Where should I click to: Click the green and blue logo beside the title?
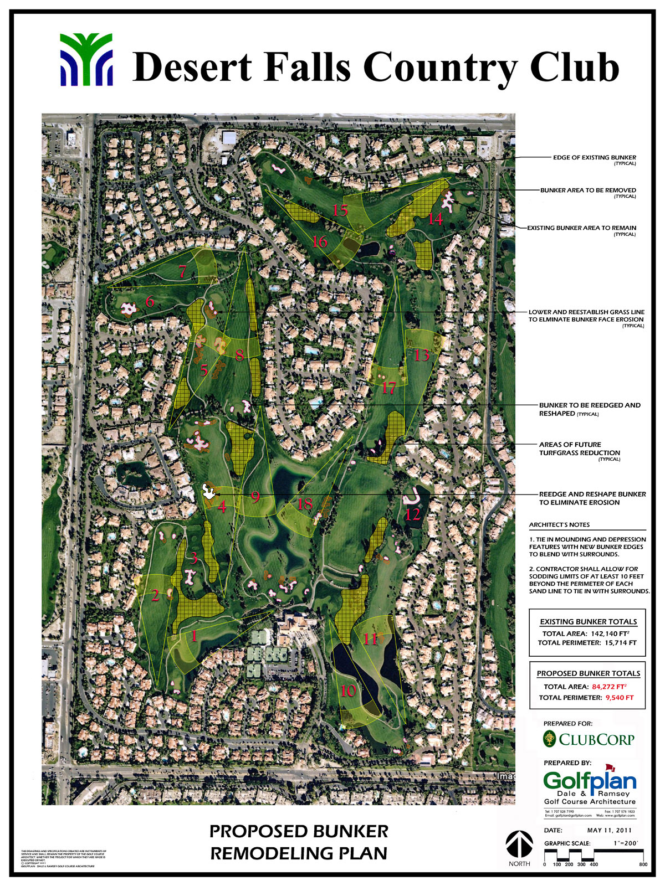(x=86, y=59)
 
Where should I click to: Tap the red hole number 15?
(x=340, y=210)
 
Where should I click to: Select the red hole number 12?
(x=413, y=514)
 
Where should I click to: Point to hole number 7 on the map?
(x=183, y=271)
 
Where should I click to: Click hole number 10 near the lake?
(x=348, y=690)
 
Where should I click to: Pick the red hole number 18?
(x=305, y=504)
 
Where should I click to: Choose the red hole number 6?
(x=150, y=302)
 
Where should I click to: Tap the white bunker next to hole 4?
(x=209, y=491)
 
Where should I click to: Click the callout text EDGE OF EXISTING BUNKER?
(x=594, y=157)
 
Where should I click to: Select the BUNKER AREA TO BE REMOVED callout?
(x=588, y=190)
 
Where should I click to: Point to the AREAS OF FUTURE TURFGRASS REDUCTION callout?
(x=579, y=449)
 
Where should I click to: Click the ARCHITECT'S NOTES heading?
(x=559, y=524)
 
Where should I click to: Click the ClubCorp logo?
(x=589, y=739)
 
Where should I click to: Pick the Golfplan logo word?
(x=590, y=781)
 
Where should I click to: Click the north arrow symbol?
(x=519, y=845)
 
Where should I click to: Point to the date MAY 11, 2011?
(x=609, y=830)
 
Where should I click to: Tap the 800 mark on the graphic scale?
(x=643, y=864)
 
